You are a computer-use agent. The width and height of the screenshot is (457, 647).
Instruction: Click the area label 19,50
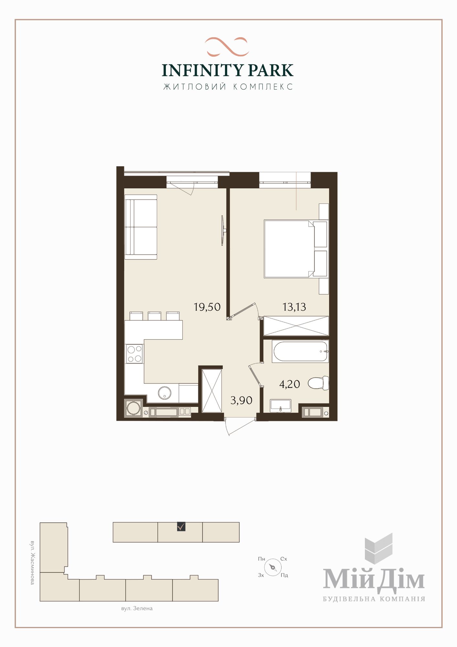tap(207, 307)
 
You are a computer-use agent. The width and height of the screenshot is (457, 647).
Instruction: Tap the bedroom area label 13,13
tap(294, 307)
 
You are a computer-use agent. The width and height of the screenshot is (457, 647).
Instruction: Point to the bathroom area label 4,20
tap(290, 384)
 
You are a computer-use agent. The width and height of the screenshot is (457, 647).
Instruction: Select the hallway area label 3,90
tap(241, 400)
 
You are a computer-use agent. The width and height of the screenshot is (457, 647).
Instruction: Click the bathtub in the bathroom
tap(300, 351)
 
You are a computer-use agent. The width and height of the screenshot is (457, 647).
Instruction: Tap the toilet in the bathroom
tap(318, 383)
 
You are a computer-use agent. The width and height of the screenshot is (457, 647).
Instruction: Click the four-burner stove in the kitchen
tap(134, 354)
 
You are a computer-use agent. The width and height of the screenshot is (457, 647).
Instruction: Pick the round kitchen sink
tap(165, 393)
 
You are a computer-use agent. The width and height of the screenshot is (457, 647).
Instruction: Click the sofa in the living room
tap(141, 227)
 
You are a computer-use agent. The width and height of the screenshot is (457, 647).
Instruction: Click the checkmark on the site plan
tap(181, 527)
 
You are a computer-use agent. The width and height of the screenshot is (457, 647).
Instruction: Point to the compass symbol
tap(273, 567)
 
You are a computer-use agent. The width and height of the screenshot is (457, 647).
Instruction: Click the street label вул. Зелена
tap(137, 608)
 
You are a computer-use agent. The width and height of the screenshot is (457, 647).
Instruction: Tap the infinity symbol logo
tap(227, 47)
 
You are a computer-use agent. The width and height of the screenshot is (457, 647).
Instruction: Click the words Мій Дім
tap(374, 580)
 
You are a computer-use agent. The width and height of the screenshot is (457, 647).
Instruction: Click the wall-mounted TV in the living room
tap(223, 230)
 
